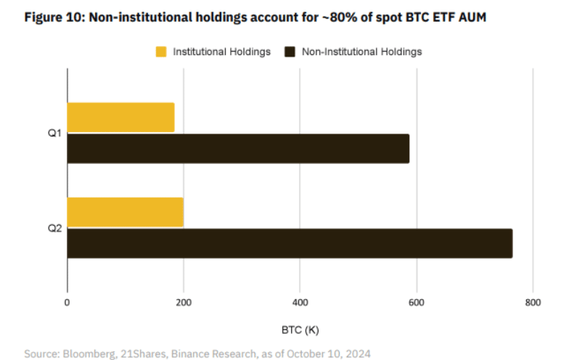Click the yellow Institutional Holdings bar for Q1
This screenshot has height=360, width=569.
(x=120, y=118)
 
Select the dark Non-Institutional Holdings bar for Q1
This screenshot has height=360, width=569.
(x=238, y=149)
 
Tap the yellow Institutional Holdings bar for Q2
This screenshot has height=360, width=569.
(x=125, y=212)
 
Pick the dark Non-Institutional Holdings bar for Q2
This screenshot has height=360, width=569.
(x=290, y=243)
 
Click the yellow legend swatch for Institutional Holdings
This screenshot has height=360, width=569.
(x=161, y=52)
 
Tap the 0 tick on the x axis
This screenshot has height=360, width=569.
(x=67, y=303)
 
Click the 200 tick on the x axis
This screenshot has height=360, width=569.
(x=184, y=303)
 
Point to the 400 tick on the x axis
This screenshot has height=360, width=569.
(x=300, y=303)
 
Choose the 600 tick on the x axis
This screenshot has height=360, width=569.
(x=417, y=303)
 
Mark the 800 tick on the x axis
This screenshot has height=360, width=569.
(x=533, y=303)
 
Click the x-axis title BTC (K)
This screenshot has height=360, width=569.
(x=300, y=330)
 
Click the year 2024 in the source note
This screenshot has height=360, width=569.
(x=357, y=353)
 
